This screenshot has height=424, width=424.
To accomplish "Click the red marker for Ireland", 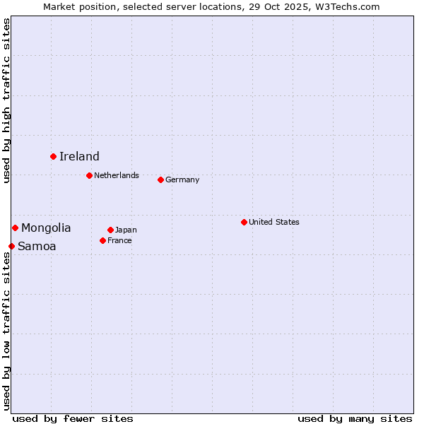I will coord(53,156).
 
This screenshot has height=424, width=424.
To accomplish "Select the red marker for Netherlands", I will coord(89,175).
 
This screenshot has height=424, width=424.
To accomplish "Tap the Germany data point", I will coord(160,179).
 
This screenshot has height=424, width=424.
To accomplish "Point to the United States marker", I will coord(244,222).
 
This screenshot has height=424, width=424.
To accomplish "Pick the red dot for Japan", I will coord(110,230).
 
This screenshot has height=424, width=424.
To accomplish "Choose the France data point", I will coord(102,240).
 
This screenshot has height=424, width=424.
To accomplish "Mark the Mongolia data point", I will coord(15,228).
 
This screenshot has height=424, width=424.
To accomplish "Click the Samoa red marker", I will coord(11,246).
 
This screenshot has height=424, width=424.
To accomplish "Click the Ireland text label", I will coord(79,156).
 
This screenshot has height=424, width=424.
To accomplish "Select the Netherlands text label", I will coord(117,175).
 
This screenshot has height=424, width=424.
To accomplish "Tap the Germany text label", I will coord(182,179).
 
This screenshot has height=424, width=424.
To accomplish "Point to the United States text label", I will coord(274,222).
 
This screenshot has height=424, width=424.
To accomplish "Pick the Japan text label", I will coord(126,230).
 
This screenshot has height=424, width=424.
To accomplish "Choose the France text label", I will coord(119,240).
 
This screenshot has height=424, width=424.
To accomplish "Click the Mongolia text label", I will coord(46,228).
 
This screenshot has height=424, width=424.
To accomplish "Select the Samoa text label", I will coord(37,246).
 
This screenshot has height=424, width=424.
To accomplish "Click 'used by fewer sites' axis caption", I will coord(73,418).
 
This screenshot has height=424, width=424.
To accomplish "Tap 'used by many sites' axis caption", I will coord(355,418).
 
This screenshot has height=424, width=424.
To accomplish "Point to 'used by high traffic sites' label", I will coord(6,100).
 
